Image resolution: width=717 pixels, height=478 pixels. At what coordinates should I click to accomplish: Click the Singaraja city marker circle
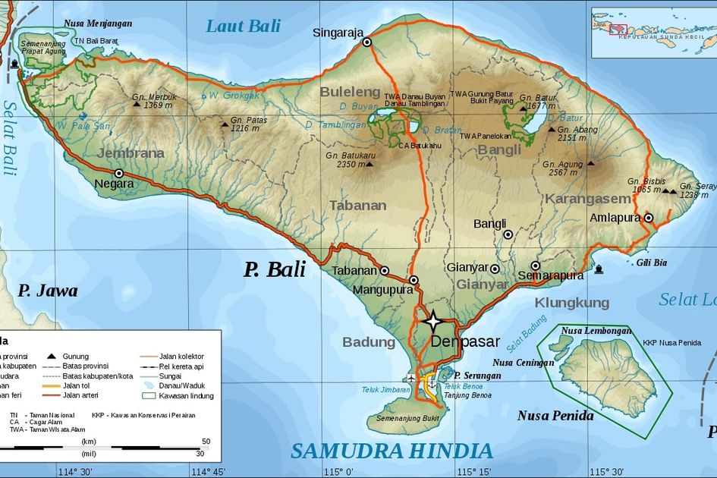[366, 42]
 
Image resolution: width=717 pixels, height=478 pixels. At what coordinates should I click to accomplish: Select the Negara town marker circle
[118, 173]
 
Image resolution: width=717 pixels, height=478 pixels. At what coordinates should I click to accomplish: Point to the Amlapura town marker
[649, 218]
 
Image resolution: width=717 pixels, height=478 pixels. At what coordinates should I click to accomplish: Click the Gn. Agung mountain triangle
[590, 162]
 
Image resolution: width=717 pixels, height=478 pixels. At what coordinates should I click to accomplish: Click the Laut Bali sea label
[243, 26]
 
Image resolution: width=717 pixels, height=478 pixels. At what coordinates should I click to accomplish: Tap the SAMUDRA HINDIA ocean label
[392, 451]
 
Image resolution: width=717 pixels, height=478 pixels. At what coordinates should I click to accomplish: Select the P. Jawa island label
[48, 291]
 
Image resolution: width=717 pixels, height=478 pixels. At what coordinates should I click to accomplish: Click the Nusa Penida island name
[555, 416]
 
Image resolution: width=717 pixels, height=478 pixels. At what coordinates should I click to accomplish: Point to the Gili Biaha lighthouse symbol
[599, 269]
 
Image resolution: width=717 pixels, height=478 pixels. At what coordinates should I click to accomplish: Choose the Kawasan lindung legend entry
[182, 395]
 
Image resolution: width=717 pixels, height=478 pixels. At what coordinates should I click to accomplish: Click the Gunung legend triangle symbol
[52, 356]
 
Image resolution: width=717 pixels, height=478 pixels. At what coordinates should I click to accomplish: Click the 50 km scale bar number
[206, 441]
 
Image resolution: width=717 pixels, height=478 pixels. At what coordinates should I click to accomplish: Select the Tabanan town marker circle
[385, 270]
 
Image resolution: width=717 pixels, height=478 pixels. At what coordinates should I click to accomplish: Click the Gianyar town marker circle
[495, 269]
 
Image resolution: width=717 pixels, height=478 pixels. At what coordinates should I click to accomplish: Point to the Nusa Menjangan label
[98, 24]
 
